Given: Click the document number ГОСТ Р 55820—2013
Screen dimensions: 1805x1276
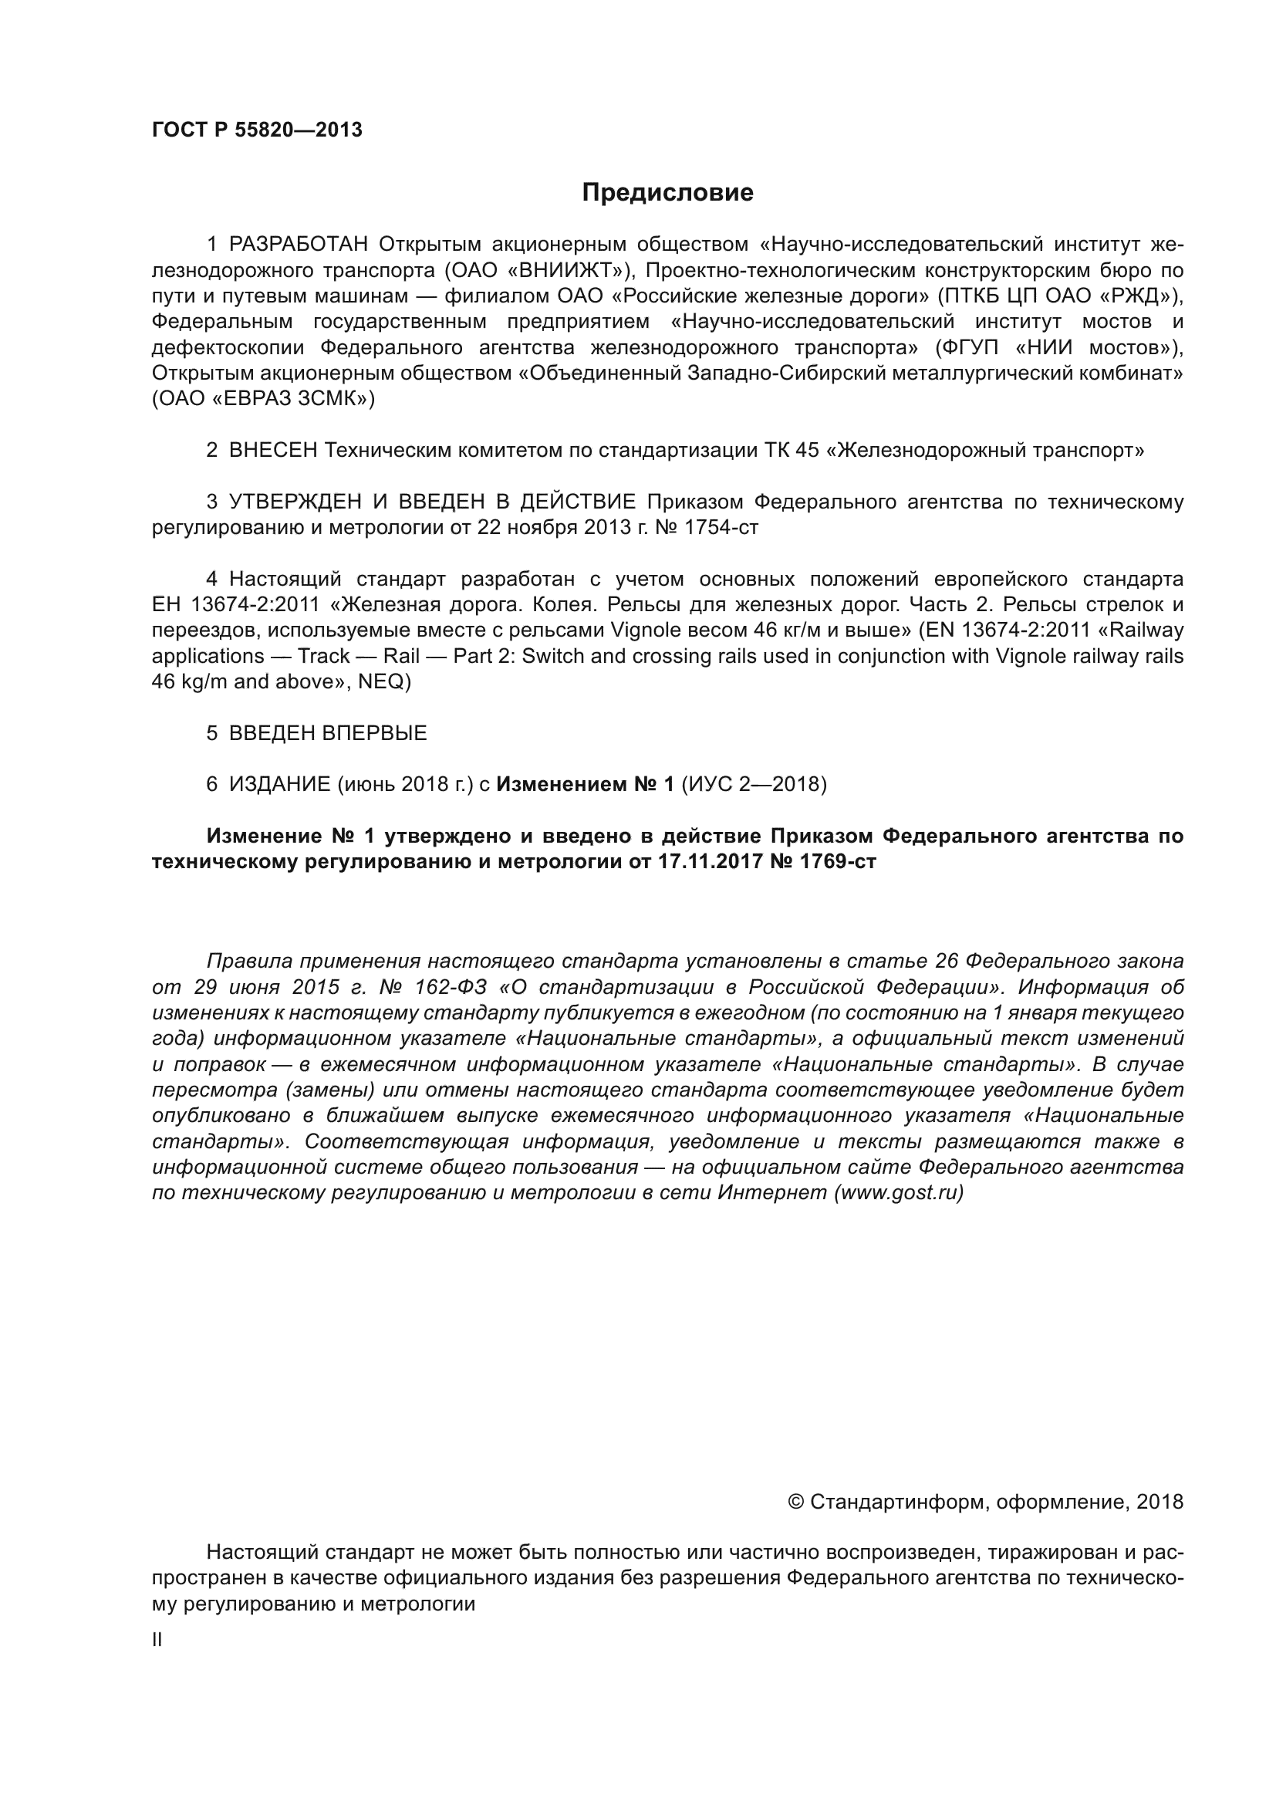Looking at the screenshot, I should pyautogui.click(x=257, y=130).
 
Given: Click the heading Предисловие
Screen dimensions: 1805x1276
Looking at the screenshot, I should pyautogui.click(x=667, y=193).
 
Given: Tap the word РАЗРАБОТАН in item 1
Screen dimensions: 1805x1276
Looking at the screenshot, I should pyautogui.click(x=299, y=245).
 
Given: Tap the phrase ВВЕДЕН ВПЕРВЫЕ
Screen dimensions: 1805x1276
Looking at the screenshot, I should pyautogui.click(x=328, y=732).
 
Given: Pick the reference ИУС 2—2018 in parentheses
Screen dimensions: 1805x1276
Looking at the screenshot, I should pyautogui.click(x=754, y=784).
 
